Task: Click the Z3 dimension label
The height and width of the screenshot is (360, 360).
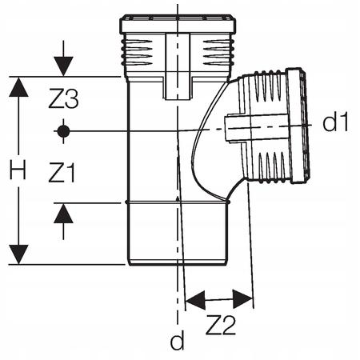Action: (x=63, y=99)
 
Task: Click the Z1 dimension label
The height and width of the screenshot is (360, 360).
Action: (x=62, y=173)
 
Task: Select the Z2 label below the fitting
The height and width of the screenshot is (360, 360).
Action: (x=221, y=325)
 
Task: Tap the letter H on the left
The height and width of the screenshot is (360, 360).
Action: (x=18, y=170)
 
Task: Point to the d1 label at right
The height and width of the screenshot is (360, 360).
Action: (x=335, y=122)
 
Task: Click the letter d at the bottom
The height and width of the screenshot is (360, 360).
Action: (x=178, y=340)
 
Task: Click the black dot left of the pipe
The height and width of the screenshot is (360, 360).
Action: (x=63, y=131)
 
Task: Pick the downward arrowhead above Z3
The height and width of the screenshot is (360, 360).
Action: (x=63, y=66)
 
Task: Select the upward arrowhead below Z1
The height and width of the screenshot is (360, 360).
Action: (x=63, y=214)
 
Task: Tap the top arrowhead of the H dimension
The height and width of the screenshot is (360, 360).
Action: (x=18, y=87)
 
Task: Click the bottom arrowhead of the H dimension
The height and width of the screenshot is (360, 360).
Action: (x=18, y=254)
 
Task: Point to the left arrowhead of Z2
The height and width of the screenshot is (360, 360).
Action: (x=195, y=300)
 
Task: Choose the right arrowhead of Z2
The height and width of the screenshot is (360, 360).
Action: (x=242, y=298)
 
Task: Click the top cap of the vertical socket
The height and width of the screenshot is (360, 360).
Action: (x=178, y=24)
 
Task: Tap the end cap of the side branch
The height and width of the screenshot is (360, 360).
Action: (x=298, y=126)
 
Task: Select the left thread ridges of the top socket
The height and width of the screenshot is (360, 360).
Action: (x=137, y=53)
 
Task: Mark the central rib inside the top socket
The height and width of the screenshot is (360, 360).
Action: (x=178, y=66)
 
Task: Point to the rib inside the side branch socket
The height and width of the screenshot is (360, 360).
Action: (x=257, y=128)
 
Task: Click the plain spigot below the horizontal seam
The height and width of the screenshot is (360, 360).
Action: (x=178, y=234)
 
